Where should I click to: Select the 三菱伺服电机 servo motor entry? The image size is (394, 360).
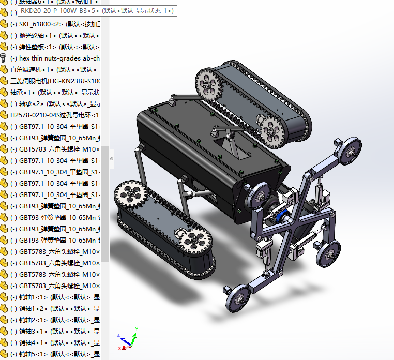55,81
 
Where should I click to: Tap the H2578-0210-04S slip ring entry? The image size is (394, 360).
55,115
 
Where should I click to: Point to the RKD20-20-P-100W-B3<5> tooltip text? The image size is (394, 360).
96,10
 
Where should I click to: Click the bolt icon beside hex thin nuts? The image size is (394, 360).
4,58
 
